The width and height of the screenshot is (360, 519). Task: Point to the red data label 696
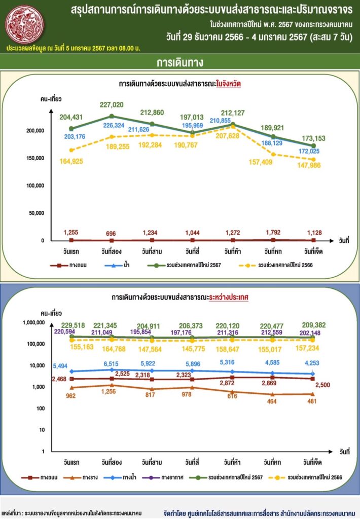(x=112, y=234)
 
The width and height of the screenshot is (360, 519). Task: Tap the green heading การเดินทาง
(x=179, y=62)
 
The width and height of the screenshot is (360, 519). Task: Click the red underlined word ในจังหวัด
(x=228, y=85)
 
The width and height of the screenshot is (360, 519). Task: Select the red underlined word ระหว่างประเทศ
(x=228, y=298)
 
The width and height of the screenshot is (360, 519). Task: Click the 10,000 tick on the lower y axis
(x=38, y=365)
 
